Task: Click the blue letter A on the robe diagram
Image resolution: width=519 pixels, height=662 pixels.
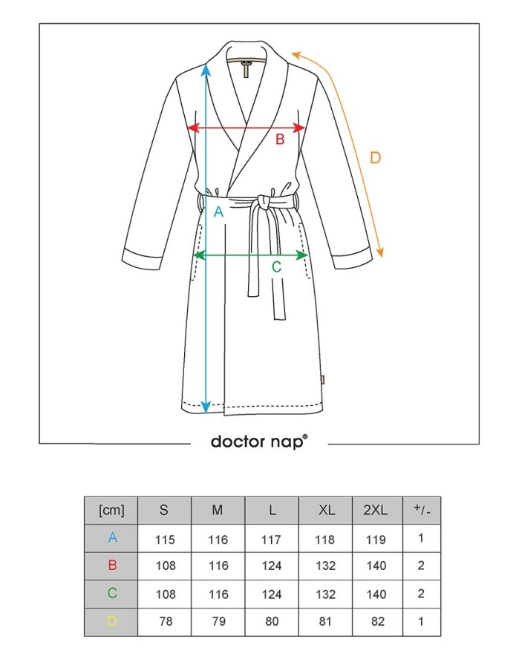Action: click(218, 212)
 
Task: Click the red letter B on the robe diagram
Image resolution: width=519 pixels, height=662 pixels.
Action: click(280, 140)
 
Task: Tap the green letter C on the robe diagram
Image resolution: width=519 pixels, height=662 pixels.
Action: click(277, 267)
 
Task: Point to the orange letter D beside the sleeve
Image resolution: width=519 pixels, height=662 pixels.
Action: click(375, 158)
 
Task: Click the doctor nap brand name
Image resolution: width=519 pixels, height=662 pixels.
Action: click(259, 442)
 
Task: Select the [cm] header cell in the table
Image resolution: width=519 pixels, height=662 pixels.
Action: click(111, 511)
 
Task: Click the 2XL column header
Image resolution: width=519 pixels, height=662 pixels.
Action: click(376, 510)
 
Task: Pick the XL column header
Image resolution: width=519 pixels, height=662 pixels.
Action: click(327, 510)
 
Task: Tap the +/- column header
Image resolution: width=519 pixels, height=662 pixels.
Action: click(422, 510)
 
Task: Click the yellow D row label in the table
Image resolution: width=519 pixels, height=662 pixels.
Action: click(112, 621)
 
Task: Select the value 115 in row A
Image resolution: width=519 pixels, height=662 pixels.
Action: click(165, 540)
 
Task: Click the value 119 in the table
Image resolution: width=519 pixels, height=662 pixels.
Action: click(376, 540)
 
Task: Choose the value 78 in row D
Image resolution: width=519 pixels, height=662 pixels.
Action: click(166, 621)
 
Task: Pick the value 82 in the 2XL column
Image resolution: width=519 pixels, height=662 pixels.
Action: click(378, 621)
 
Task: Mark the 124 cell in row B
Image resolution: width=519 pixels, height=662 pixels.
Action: click(272, 566)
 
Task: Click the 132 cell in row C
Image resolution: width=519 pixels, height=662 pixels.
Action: click(326, 594)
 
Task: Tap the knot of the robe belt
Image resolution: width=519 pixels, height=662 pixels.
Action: click(264, 203)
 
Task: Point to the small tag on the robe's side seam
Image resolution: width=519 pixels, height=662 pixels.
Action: click(322, 379)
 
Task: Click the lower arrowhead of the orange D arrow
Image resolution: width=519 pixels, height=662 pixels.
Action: click(380, 252)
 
